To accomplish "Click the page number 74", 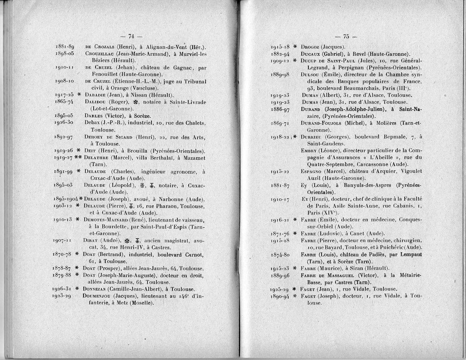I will pos(131,36).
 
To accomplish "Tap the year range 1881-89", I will pos(64,47).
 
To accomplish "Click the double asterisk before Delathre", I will pos(78,158).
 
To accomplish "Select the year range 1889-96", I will pos(281,275).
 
